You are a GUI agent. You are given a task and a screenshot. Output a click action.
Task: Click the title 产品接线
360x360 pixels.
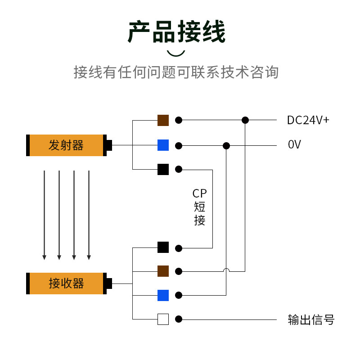tap(176, 31)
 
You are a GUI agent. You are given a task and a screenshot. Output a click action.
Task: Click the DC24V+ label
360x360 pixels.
tap(308, 120)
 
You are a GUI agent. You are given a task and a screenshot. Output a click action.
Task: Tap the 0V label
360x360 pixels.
tap(294, 144)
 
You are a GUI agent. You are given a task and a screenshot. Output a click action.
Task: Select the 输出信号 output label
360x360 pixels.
tap(311, 319)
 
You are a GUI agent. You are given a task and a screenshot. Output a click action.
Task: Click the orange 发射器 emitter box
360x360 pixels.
tap(66, 145)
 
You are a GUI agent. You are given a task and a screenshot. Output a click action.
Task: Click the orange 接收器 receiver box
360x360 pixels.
tap(66, 283)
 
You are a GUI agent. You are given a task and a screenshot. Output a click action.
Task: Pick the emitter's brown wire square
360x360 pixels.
tap(163, 120)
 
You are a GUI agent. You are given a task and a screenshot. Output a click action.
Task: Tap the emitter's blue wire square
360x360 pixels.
tap(163, 145)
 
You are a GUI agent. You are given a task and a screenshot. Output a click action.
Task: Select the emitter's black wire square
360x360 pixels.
tap(163, 170)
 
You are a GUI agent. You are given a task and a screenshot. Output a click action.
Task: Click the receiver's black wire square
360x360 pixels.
tap(163, 247)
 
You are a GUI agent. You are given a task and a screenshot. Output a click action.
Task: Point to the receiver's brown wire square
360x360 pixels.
tap(163, 271)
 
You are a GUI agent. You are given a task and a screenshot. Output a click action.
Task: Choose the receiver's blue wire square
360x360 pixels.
tap(163, 295)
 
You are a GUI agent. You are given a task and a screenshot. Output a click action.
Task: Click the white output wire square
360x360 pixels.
tap(163, 319)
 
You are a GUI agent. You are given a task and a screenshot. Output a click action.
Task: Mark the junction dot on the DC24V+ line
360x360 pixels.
tap(245, 120)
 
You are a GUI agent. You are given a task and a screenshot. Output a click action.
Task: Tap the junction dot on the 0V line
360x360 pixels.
tap(226, 145)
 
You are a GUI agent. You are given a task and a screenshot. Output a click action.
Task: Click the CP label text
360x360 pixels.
tap(199, 193)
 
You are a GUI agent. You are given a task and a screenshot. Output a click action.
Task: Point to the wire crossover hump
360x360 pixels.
tap(226, 270)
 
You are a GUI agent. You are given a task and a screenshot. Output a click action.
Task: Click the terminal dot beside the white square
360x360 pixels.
tap(179, 319)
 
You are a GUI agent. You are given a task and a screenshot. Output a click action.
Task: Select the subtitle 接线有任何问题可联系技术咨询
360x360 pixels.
tap(176, 72)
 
